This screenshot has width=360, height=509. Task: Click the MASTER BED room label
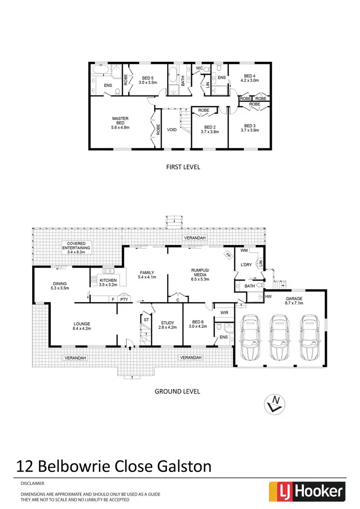120,118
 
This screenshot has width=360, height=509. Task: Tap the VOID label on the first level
171,130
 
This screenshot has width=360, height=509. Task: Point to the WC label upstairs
199,69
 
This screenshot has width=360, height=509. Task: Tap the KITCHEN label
108,280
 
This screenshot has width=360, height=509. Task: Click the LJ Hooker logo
307,490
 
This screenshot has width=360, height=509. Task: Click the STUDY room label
167,323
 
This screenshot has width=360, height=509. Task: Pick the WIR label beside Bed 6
224,312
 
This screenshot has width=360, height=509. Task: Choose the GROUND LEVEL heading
177,391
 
